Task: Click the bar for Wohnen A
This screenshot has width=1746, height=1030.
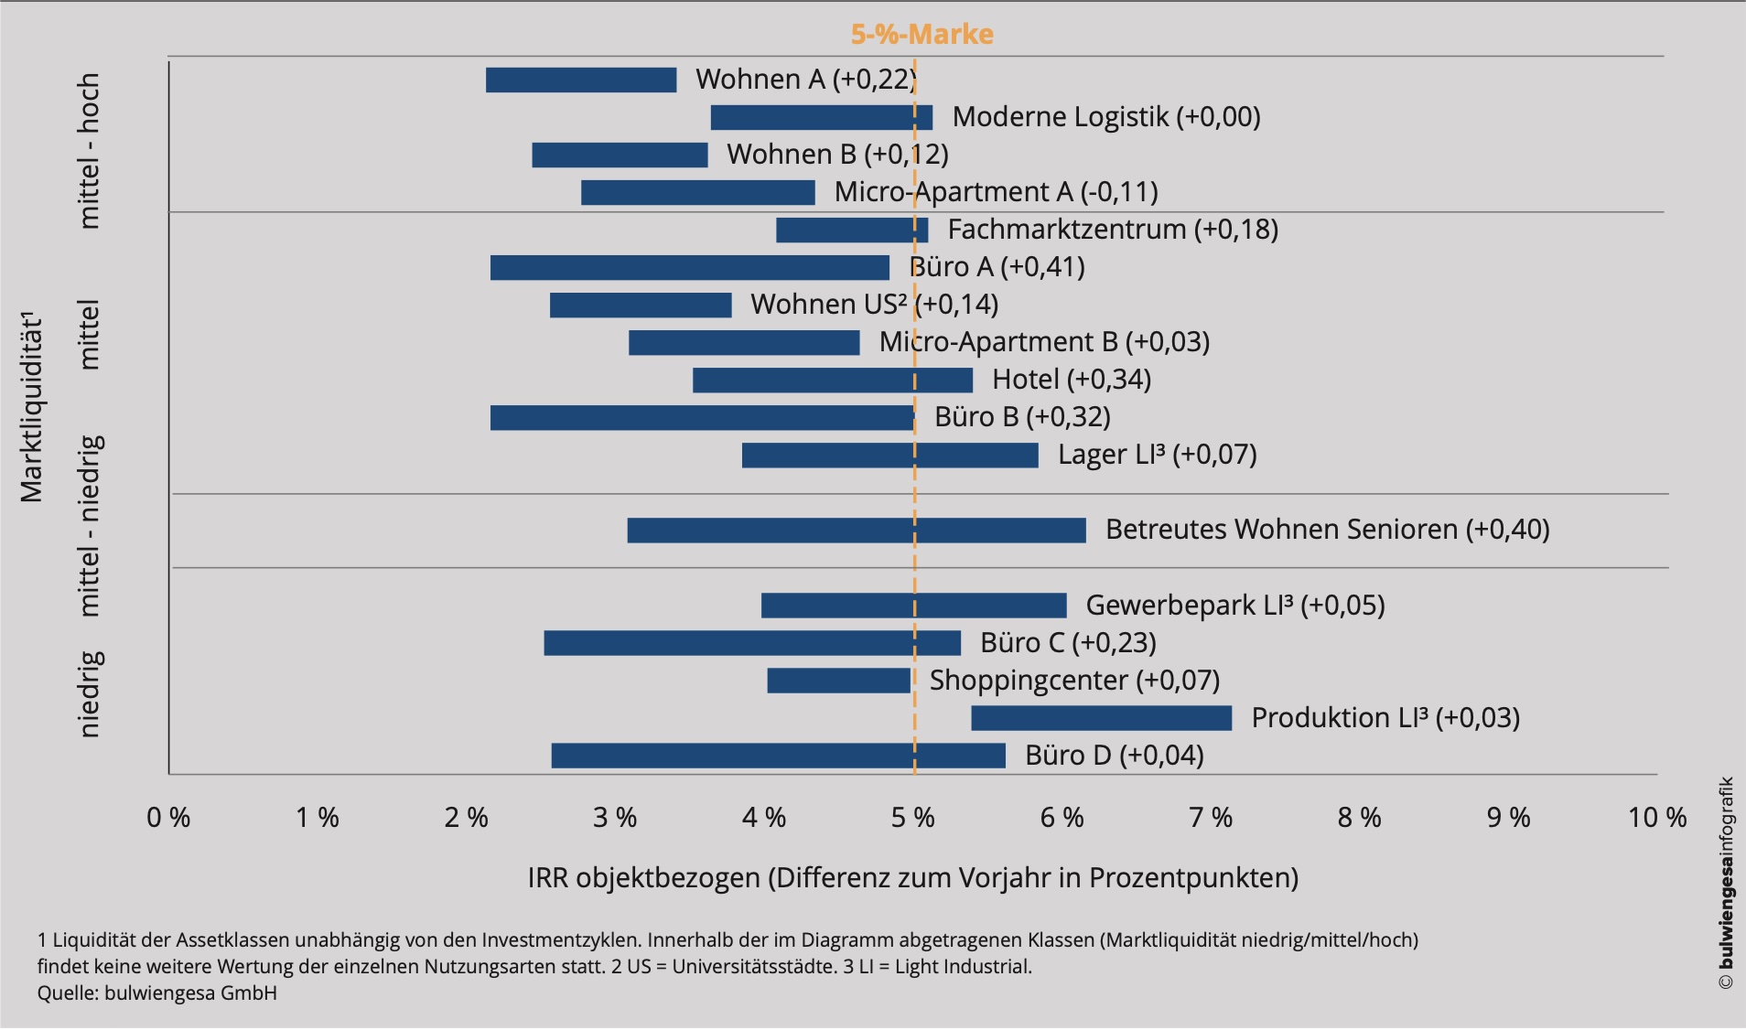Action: tap(581, 80)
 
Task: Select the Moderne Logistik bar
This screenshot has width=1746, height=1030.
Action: tap(822, 117)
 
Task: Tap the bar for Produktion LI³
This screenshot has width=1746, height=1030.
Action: tap(1102, 718)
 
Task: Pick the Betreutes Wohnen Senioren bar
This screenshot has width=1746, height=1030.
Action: tap(857, 530)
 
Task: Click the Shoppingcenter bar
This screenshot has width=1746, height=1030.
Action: tap(839, 681)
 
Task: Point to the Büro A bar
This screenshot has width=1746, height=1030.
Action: tap(690, 267)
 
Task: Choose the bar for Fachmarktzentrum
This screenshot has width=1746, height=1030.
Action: tap(852, 230)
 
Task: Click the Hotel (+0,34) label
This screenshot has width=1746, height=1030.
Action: tap(1072, 379)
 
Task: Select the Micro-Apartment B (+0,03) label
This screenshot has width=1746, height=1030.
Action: tap(1044, 341)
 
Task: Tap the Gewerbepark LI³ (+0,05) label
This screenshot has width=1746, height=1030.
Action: tap(1235, 605)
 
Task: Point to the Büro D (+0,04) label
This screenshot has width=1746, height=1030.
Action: tap(1115, 755)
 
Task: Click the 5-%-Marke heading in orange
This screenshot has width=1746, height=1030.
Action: tap(922, 34)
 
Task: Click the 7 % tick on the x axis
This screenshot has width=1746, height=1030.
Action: tap(1211, 817)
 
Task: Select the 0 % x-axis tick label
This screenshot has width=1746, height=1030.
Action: tap(168, 817)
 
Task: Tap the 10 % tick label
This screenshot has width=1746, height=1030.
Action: tap(1657, 817)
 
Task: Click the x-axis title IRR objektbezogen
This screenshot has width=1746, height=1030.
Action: tap(913, 877)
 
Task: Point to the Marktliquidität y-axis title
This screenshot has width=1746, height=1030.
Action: tap(32, 407)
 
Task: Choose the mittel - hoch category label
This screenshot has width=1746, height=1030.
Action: tap(88, 151)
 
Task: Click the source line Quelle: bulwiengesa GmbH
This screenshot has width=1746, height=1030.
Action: tap(157, 992)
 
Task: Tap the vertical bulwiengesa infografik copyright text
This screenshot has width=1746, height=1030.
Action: tap(1726, 883)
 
